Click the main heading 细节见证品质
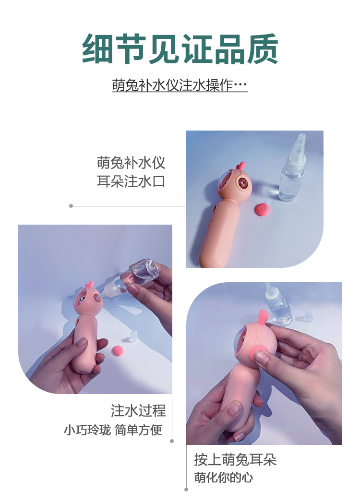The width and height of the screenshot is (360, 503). pos(180,48)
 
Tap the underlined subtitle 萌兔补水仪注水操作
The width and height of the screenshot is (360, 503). pos(180,85)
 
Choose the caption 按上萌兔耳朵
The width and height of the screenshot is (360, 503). pos(235,460)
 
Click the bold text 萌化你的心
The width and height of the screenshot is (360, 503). pos(224,478)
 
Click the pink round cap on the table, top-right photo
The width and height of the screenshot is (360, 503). pos(262,210)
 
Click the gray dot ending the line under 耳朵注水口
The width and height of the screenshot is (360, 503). pos(71,206)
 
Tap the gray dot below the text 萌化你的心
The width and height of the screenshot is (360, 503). pos(186,490)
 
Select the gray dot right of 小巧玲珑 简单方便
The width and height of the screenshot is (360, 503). pos(172,441)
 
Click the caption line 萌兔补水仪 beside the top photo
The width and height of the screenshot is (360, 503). pos(131,163)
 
